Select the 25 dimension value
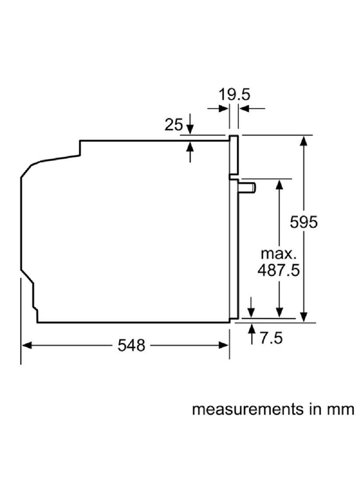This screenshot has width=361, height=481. [x=173, y=125]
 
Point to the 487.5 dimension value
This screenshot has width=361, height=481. [x=278, y=270]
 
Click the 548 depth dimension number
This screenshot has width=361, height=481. [x=131, y=345]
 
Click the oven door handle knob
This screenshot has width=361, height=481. [x=248, y=188]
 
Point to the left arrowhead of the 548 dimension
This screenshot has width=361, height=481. [x=27, y=345]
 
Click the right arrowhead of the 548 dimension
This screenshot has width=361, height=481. [x=223, y=345]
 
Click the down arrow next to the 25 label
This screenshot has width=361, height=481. [x=190, y=124]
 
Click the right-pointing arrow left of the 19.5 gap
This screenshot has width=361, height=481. [x=217, y=108]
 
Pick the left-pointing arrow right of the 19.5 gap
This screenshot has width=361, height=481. [x=252, y=108]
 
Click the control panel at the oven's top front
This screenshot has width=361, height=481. [x=234, y=155]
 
